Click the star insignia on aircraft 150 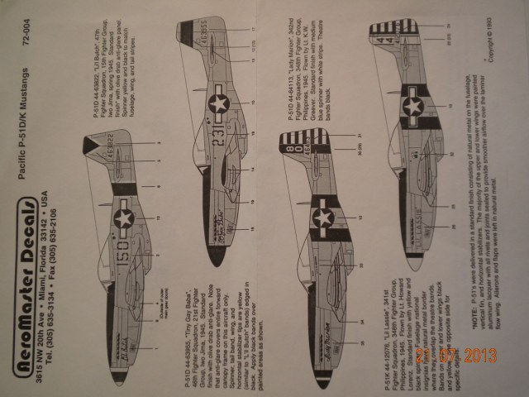[x=124, y=218]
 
